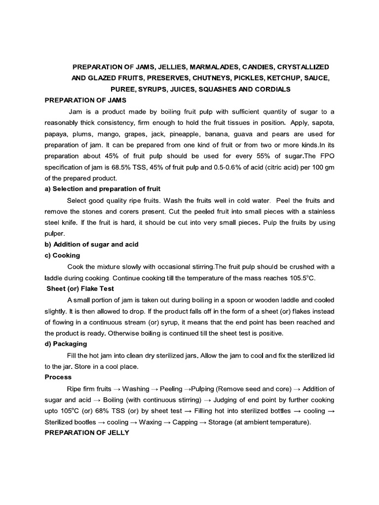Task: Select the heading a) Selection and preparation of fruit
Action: point(103,189)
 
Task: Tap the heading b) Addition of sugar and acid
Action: point(91,244)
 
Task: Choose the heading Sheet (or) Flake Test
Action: point(80,289)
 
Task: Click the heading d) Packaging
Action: point(66,344)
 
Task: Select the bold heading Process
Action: point(58,377)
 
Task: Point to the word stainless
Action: point(320,212)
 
